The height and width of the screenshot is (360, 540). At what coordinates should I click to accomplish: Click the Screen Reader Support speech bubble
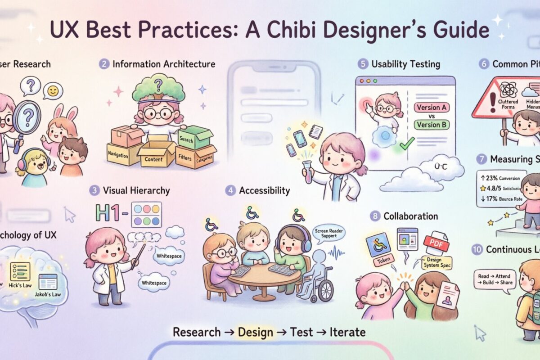(x=329, y=233)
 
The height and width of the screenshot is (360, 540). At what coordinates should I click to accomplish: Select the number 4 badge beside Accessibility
(x=230, y=191)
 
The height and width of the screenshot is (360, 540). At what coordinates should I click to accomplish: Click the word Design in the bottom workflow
(x=255, y=333)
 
